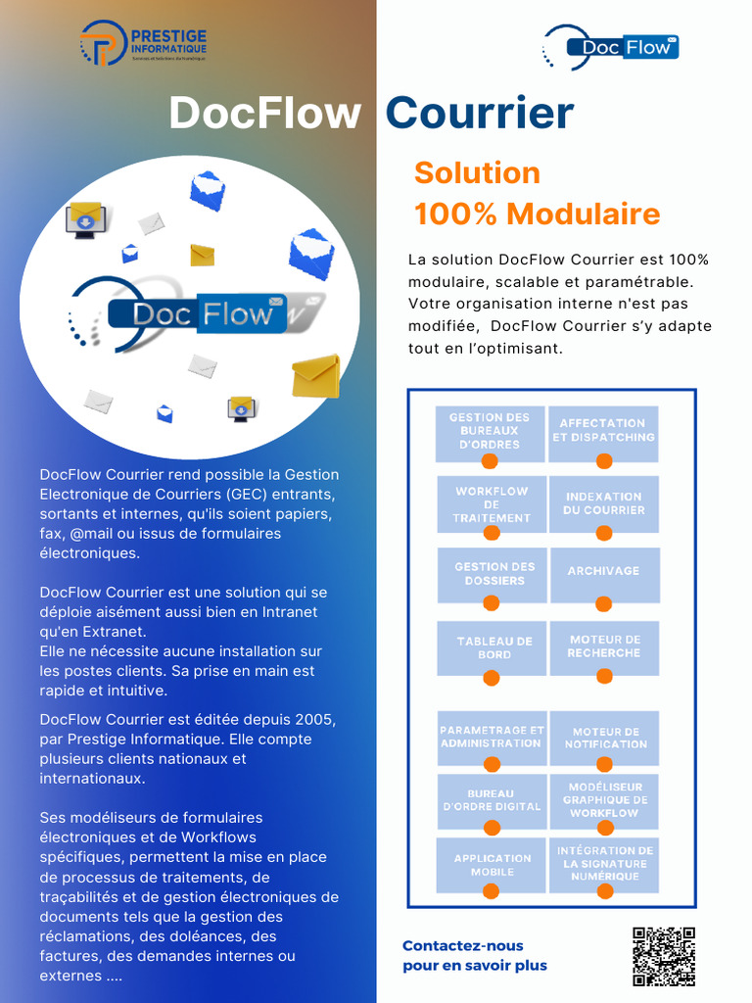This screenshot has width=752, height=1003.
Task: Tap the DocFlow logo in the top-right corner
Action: coord(611,47)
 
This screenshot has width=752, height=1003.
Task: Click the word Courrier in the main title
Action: coord(479,114)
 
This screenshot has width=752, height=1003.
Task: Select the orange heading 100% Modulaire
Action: coord(537,214)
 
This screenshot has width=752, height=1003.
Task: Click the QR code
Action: coord(663,956)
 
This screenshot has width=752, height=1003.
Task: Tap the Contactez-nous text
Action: coord(463,946)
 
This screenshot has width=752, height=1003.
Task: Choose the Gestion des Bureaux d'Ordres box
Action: coord(490,431)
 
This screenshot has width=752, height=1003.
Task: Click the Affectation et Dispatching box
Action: coord(603,431)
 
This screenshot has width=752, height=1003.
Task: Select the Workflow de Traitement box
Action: coord(492,503)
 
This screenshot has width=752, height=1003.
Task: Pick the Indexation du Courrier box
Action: coord(604,503)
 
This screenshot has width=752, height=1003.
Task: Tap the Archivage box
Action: coord(604,572)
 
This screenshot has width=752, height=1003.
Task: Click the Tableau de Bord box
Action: coord(494,647)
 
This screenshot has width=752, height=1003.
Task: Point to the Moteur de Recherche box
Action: coord(604,646)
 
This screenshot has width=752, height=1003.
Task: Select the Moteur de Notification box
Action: coord(604,738)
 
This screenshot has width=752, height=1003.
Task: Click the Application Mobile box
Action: coord(492,864)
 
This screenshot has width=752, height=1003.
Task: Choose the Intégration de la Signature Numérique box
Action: coord(604,864)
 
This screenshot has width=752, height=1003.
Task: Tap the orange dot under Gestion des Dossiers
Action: coord(492,603)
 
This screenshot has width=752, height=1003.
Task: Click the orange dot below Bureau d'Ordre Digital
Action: coord(493,829)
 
